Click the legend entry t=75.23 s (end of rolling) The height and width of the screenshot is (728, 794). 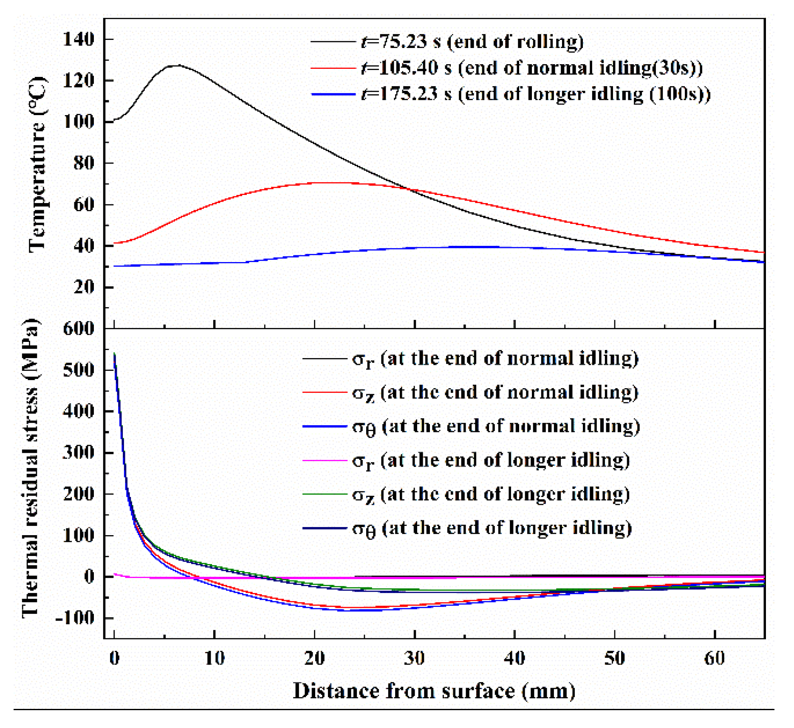pyautogui.click(x=472, y=42)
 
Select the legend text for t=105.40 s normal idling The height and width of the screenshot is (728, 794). pyautogui.click(x=531, y=68)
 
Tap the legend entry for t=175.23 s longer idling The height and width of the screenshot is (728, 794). pyautogui.click(x=535, y=94)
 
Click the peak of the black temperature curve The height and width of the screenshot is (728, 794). pyautogui.click(x=175, y=65)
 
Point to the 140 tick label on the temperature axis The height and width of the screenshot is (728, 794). pyautogui.click(x=79, y=40)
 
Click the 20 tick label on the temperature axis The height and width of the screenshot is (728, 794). pyautogui.click(x=84, y=288)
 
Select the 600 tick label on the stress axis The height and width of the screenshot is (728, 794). pyautogui.click(x=79, y=328)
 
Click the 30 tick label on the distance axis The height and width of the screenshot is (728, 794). pyautogui.click(x=414, y=659)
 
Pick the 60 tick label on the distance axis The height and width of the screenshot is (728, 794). pyautogui.click(x=715, y=659)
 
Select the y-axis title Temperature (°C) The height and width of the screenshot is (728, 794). pyautogui.click(x=37, y=164)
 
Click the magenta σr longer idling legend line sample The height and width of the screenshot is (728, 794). pyautogui.click(x=324, y=460)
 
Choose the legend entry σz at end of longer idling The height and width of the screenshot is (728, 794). pyautogui.click(x=491, y=494)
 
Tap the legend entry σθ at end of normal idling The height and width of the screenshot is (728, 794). pyautogui.click(x=496, y=426)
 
